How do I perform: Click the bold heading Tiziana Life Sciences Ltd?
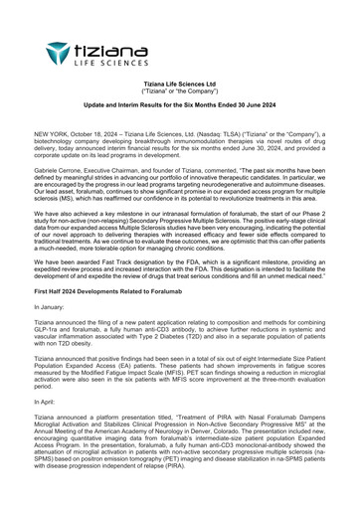tap(180, 85)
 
